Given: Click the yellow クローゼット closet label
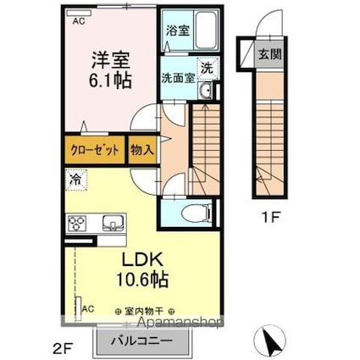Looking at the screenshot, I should tap(93, 150).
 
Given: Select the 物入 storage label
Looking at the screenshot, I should tap(141, 150).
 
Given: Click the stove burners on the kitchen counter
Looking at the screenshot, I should tap(79, 224).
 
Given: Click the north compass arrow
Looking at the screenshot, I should tap(271, 341).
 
